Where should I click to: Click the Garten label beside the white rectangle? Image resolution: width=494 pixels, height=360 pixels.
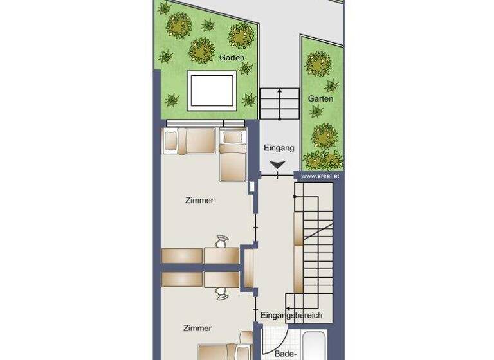(232, 58)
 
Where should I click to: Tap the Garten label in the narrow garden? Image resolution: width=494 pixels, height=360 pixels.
(320, 98)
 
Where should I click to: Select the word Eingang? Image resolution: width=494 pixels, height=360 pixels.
(279, 148)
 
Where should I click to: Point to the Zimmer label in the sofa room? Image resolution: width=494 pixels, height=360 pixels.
(199, 201)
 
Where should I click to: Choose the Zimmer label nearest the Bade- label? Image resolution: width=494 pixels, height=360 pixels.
(197, 328)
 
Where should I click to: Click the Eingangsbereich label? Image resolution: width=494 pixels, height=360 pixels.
(291, 316)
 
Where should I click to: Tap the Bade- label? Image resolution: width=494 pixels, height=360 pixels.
(286, 353)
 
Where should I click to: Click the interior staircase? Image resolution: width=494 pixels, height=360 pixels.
(315, 244)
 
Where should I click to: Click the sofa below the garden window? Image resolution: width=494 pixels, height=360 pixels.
(191, 141)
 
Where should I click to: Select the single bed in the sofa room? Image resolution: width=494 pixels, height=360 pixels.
(233, 154)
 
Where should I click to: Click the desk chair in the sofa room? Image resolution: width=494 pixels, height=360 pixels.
(222, 241)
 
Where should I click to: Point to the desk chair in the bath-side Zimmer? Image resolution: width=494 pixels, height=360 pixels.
(222, 292)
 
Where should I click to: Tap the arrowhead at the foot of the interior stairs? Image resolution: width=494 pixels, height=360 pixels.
(289, 307)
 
